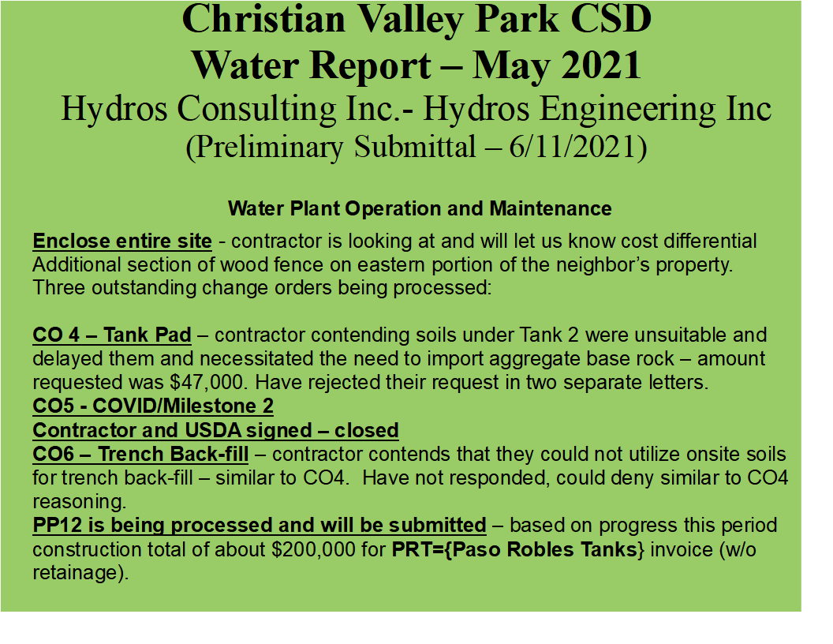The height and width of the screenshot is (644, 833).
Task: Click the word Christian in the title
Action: coord(263,19)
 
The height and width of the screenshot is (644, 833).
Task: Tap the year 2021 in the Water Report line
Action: coord(601,66)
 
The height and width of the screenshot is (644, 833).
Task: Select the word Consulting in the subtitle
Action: coord(256,110)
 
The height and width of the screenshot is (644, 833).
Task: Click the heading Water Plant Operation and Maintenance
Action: coord(420,208)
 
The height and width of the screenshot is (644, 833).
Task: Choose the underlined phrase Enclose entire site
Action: coord(122,241)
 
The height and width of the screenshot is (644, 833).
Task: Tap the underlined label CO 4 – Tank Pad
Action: coord(111,335)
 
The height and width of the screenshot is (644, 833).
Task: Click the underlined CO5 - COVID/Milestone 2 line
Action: coord(153,406)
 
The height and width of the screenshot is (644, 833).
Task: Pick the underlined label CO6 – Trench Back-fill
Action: coord(140,454)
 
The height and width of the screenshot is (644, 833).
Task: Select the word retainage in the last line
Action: coord(75,573)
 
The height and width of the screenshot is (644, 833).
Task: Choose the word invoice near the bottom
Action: coord(682,549)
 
